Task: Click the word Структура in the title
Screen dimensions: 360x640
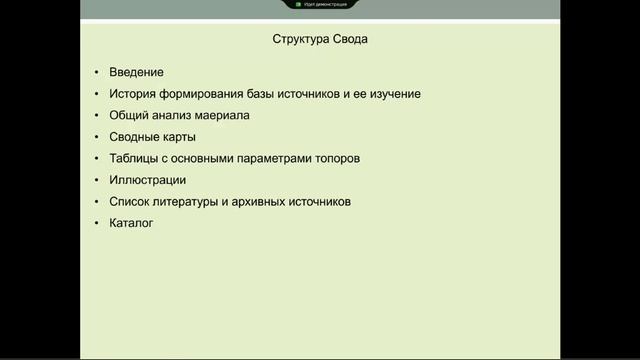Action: coord(302,41)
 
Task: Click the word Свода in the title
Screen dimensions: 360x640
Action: coord(354,41)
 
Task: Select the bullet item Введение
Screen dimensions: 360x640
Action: coord(137,72)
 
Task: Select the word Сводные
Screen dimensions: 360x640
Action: coord(139,137)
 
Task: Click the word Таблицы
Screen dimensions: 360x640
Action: coord(138,158)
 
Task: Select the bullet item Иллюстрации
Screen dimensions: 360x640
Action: coord(148,180)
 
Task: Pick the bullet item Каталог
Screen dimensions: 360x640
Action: coord(131,223)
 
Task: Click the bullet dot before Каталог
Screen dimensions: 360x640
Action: coord(96,223)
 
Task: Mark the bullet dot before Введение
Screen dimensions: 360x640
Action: coord(96,72)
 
